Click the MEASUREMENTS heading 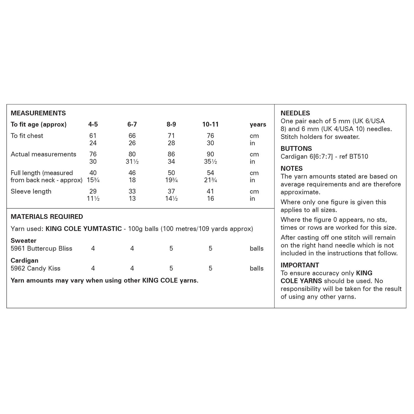tap(38, 113)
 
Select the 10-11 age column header tap(210, 124)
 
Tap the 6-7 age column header tap(132, 124)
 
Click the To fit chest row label tap(27, 136)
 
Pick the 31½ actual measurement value tap(132, 162)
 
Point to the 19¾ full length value tap(171, 180)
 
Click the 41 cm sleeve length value tap(210, 191)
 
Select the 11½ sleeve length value tap(93, 199)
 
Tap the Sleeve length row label tap(31, 192)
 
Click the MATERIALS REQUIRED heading tap(47, 217)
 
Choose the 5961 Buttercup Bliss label tap(41, 249)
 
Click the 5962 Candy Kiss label tap(35, 269)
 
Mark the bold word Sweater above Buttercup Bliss tap(23, 241)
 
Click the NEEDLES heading tap(295, 113)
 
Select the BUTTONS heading tap(296, 148)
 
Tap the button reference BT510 tap(359, 157)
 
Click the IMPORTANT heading tap(300, 265)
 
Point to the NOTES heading tap(291, 169)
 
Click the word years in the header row tap(258, 124)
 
